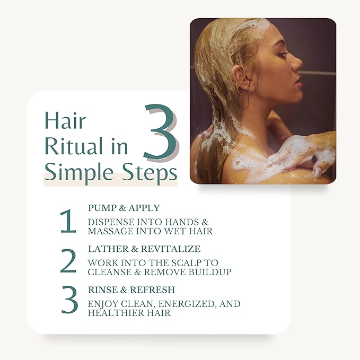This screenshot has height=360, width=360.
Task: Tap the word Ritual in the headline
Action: pos(72,146)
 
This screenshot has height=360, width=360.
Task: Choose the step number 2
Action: pos(68,262)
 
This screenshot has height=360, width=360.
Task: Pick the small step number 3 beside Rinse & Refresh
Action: pos(69,302)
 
